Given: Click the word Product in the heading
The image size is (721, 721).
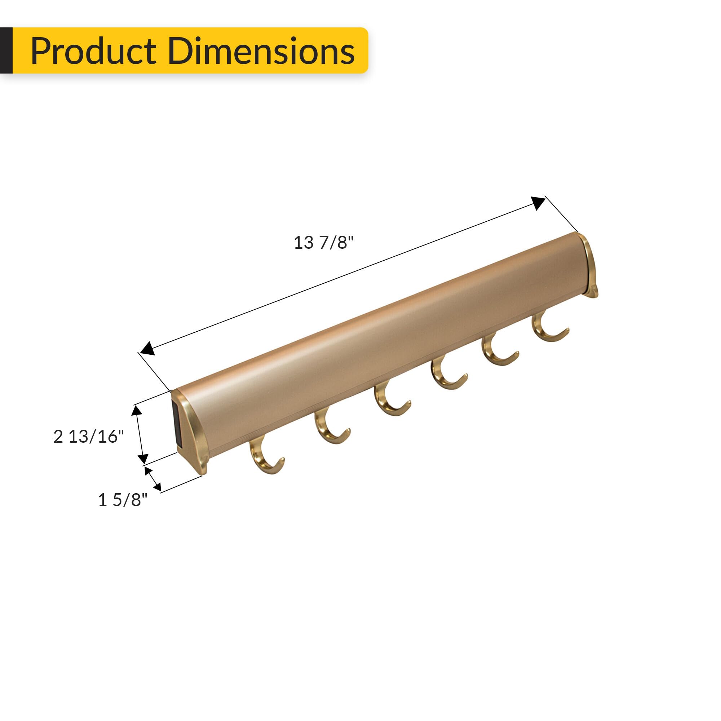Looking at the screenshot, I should (x=93, y=51).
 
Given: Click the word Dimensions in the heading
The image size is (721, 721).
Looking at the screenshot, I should (x=261, y=51).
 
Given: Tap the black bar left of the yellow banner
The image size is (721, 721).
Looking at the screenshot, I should (x=6, y=50).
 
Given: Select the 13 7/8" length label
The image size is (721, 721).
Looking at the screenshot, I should (x=323, y=243).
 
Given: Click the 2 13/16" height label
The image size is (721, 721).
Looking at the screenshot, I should (x=88, y=436).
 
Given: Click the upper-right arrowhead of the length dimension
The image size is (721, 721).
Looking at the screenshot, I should (x=538, y=203).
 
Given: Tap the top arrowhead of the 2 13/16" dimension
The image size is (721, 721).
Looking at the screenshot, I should (x=137, y=411).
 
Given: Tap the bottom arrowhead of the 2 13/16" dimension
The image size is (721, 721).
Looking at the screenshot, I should (x=143, y=459).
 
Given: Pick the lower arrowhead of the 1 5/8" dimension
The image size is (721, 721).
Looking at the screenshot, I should (x=157, y=486).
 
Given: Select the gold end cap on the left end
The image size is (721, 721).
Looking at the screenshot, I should (x=194, y=433).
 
